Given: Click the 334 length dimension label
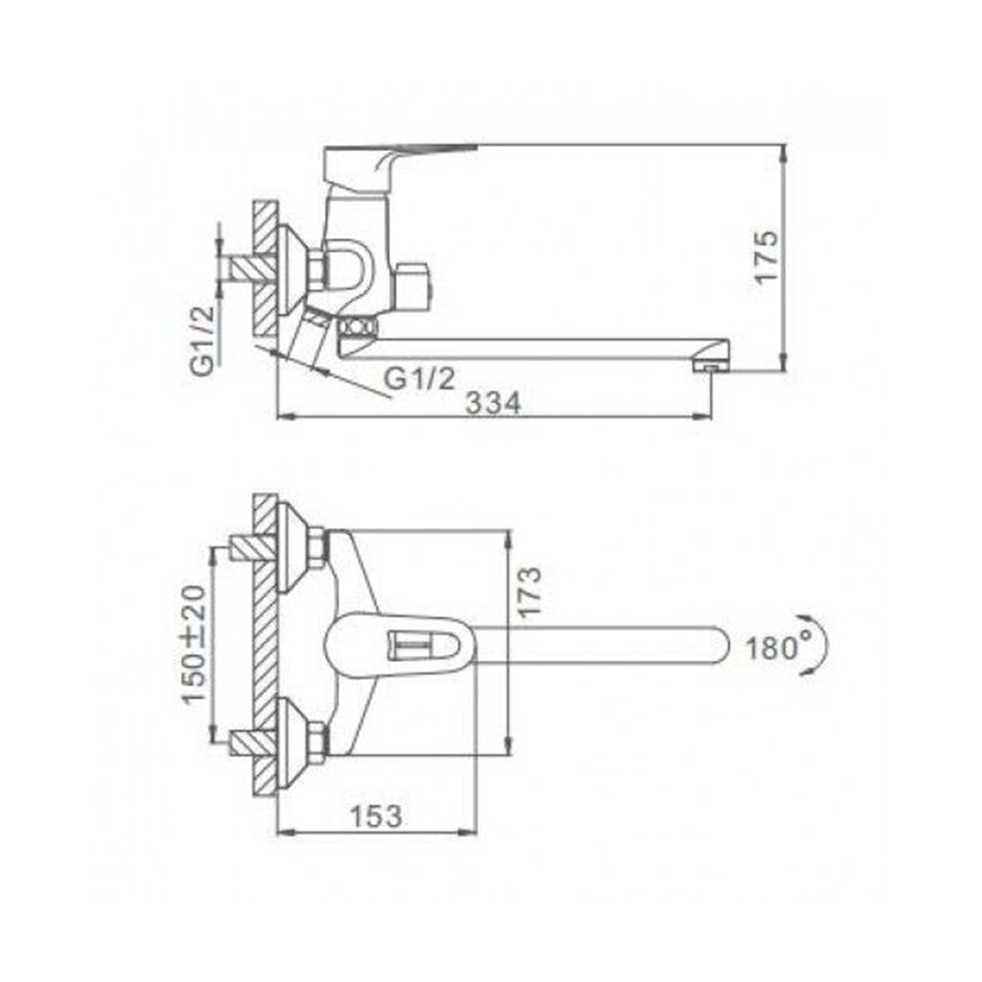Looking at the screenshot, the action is (x=493, y=404).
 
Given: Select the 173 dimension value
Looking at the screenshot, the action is (x=530, y=592).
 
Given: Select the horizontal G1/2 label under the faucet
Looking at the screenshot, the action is (x=419, y=379).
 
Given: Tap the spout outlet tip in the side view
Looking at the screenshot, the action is (x=711, y=367).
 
